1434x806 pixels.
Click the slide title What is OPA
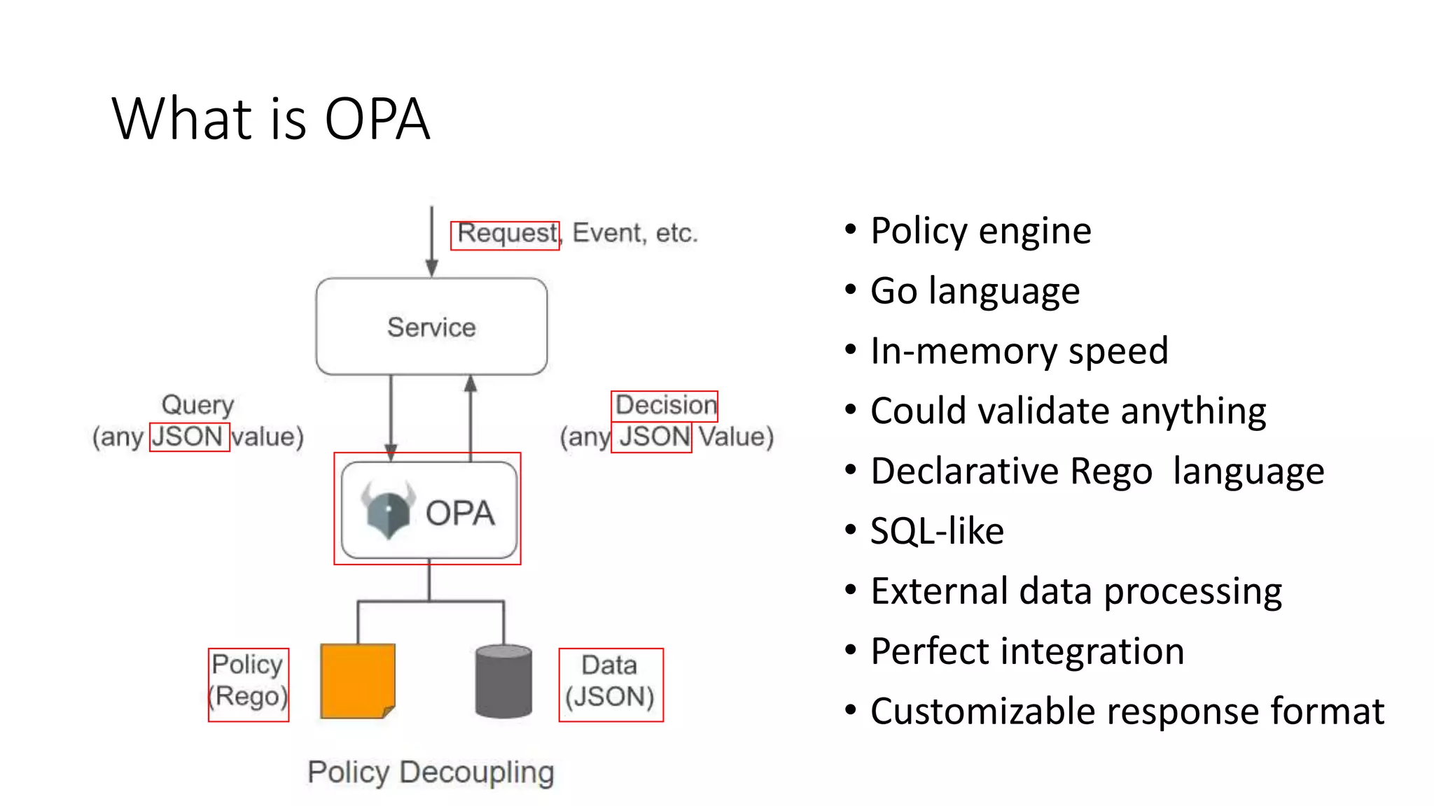(270, 119)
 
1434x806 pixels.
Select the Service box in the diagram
(431, 327)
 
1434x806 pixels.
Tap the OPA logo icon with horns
(387, 510)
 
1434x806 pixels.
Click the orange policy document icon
(357, 681)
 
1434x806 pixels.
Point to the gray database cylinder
(503, 681)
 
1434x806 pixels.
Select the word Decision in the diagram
(665, 405)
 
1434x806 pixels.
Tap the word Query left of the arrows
(197, 405)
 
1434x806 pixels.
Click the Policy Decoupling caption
(431, 772)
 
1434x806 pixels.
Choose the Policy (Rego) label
(249, 681)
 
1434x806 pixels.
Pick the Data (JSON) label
(610, 681)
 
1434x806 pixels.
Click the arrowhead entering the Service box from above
(432, 268)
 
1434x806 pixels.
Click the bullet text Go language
(975, 291)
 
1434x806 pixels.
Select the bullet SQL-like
(937, 531)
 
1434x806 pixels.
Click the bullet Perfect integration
(1027, 651)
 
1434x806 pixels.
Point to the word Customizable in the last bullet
(983, 712)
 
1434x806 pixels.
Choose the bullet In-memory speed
(1019, 351)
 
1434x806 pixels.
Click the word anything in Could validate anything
(1193, 411)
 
